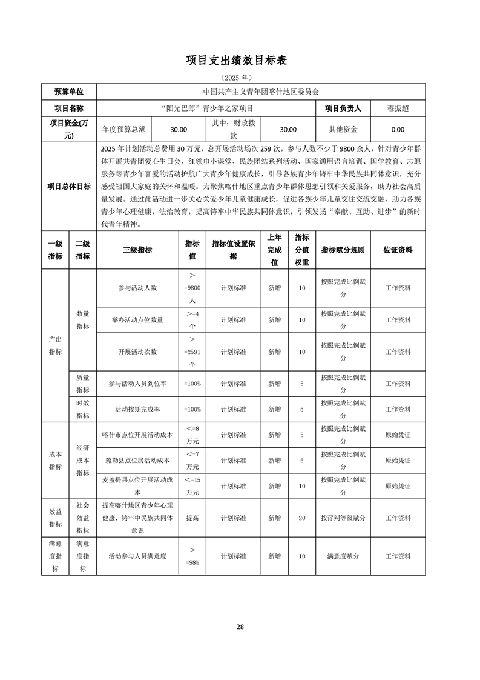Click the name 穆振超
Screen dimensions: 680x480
coord(398,108)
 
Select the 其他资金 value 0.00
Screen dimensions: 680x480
coord(398,129)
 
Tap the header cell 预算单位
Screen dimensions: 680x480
coord(69,92)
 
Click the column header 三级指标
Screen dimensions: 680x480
coord(137,250)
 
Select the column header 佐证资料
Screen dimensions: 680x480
coord(398,250)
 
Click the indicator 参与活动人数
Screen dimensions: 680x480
coord(137,288)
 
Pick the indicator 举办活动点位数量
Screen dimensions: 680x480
coord(137,320)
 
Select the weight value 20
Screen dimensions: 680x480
coord(302,518)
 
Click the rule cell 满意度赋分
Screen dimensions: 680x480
coord(343,556)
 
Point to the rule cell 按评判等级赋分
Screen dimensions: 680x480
coord(343,518)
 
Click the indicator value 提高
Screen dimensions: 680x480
coord(192,518)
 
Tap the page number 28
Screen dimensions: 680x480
coord(240,627)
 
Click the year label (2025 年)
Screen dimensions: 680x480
coord(240,78)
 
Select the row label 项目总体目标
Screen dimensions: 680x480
coord(69,186)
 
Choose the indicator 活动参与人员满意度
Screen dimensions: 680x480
coord(137,556)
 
